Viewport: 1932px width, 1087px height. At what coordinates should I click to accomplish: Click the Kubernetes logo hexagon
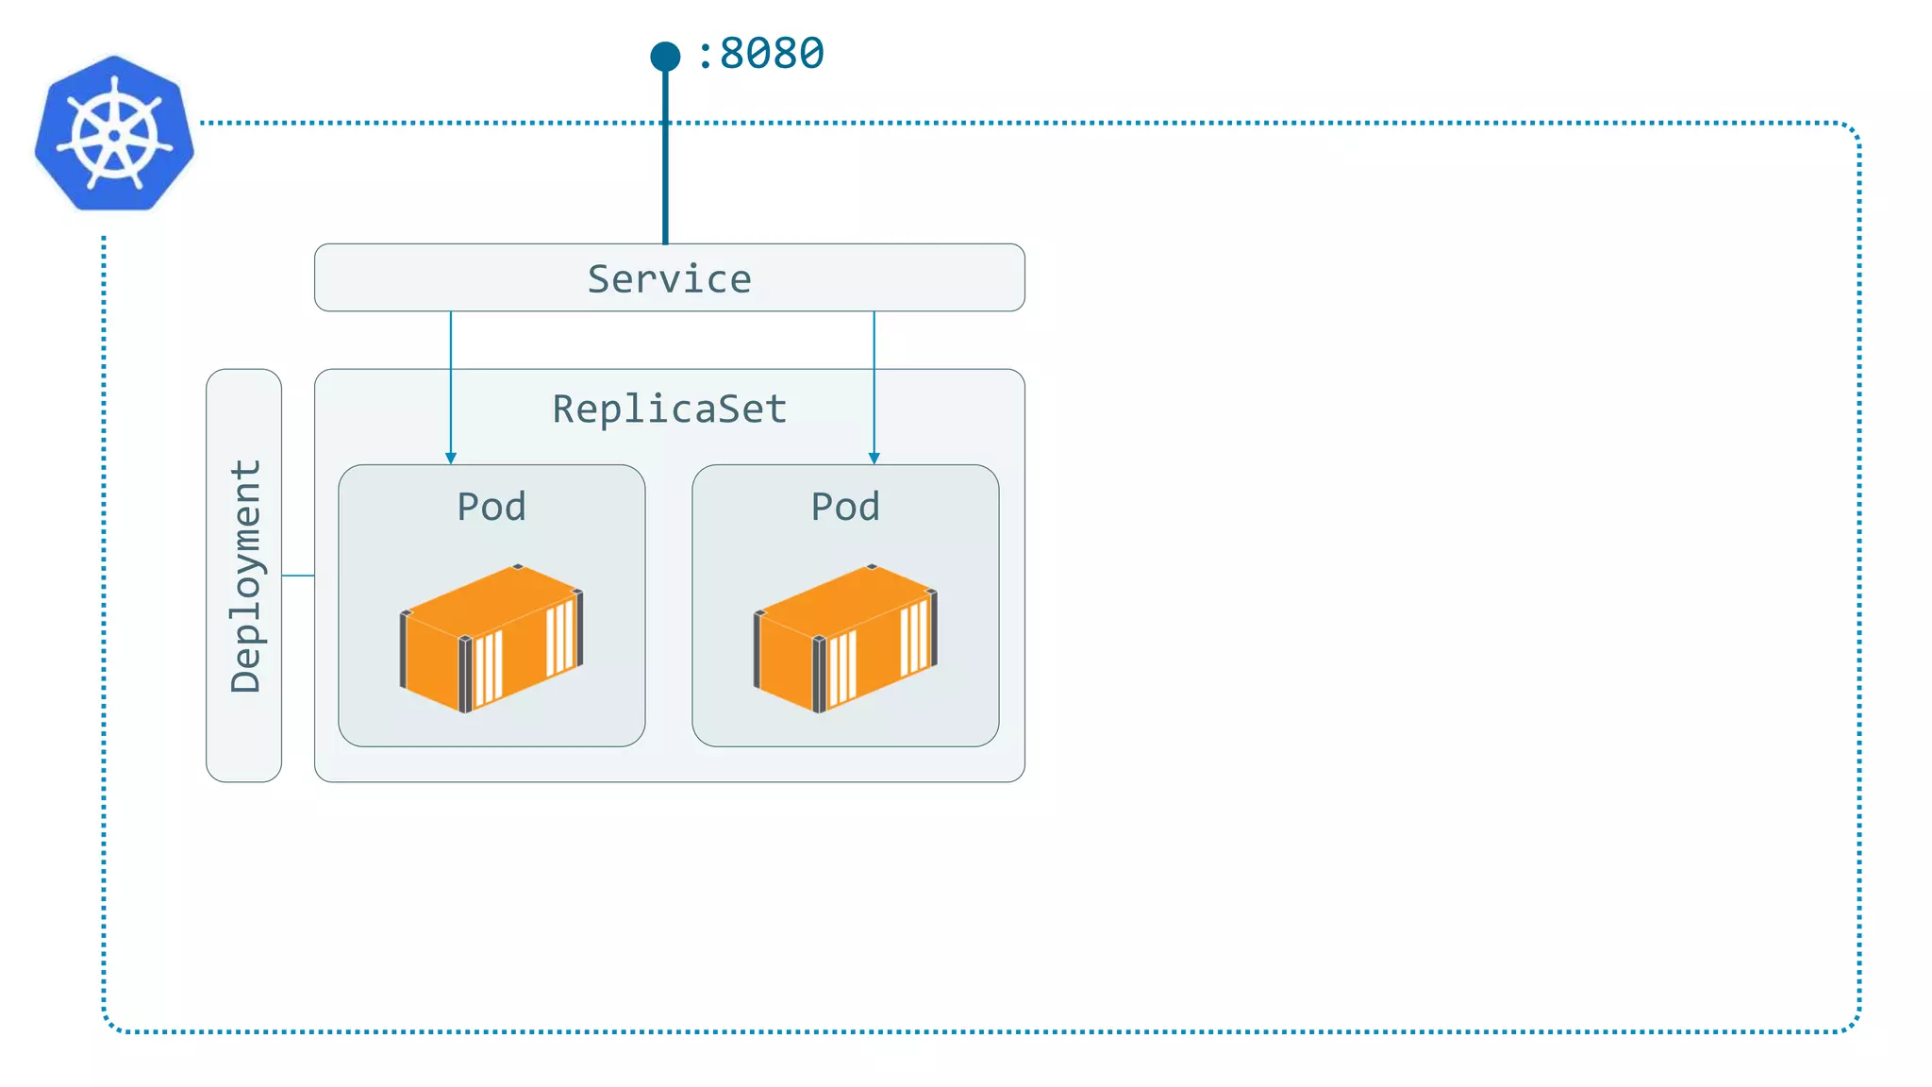click(114, 132)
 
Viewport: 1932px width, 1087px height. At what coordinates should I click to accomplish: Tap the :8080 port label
click(760, 54)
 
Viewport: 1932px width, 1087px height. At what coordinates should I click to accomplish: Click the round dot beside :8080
click(665, 57)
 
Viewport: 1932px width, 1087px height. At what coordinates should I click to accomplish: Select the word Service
click(669, 279)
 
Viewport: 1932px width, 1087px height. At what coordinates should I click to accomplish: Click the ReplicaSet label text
click(669, 410)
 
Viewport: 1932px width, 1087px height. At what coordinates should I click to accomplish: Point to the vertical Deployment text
click(245, 576)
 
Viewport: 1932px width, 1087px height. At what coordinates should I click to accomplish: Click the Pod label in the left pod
click(491, 507)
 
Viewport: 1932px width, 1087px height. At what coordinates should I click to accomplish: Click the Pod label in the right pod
click(845, 507)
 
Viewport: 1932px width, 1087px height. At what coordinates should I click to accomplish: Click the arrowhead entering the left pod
click(451, 458)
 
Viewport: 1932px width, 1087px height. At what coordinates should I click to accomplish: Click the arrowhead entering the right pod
click(874, 458)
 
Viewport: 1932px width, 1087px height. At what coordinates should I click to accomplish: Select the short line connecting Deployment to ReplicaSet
click(298, 575)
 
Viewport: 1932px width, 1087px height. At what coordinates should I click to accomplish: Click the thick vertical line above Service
click(665, 160)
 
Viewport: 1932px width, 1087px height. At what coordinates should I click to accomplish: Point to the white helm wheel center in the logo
click(114, 135)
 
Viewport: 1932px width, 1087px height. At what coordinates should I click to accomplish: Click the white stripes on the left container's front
click(488, 668)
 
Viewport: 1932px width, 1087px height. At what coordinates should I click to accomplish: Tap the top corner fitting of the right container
click(872, 567)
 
